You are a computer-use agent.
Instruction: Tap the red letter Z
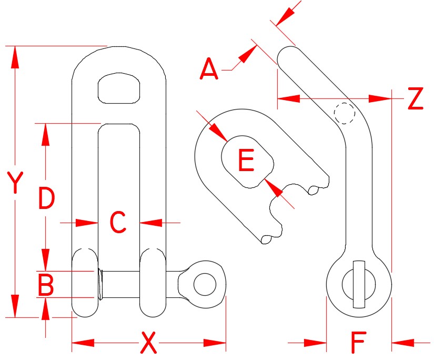415,98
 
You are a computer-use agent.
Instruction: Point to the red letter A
209,70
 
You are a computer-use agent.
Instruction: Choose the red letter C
118,223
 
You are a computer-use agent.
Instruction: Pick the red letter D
46,198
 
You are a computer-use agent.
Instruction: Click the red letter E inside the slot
246,161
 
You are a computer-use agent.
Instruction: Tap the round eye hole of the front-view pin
205,285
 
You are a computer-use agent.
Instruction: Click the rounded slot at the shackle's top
122,87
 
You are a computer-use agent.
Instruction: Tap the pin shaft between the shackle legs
119,285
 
